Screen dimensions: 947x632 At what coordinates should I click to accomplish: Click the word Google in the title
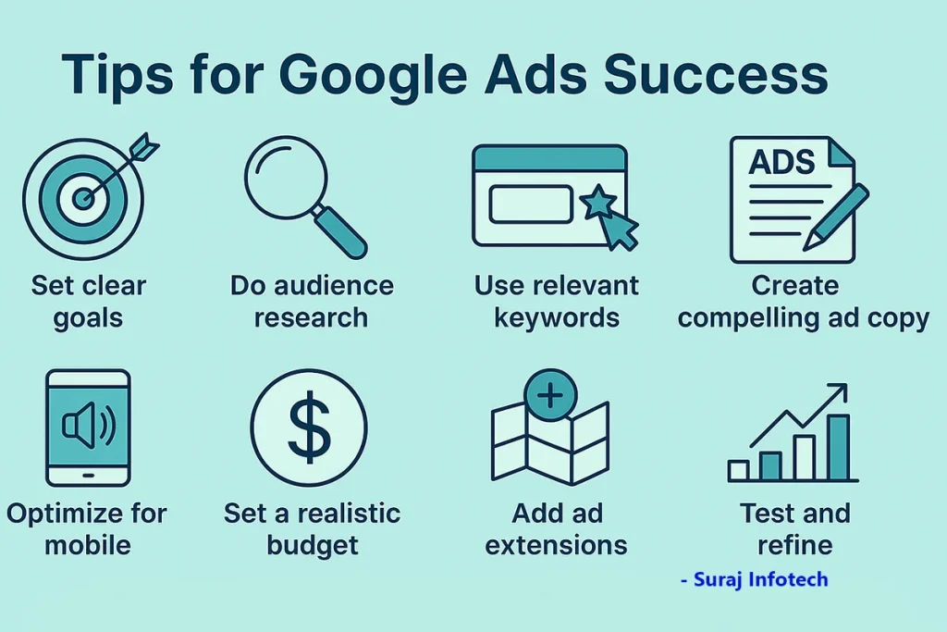(x=374, y=76)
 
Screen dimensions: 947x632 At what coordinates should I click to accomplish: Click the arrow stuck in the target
(x=121, y=168)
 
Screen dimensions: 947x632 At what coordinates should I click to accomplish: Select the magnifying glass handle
(x=340, y=231)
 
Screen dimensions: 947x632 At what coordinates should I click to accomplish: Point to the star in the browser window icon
(x=598, y=203)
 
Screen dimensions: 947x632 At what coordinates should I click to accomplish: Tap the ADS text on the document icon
(x=781, y=162)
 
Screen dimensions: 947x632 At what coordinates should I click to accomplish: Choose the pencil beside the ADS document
(x=836, y=218)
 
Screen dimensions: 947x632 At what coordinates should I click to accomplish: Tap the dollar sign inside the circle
(x=309, y=428)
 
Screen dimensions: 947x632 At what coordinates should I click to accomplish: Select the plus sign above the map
(x=550, y=396)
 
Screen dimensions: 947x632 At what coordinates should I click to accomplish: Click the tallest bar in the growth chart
(x=838, y=447)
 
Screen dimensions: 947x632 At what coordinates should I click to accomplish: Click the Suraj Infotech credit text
(x=755, y=579)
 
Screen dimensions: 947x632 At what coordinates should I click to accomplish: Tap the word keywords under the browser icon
(x=556, y=317)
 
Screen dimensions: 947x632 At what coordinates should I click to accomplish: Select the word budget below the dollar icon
(x=313, y=546)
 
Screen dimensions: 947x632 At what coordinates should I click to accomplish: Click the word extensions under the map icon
(x=556, y=546)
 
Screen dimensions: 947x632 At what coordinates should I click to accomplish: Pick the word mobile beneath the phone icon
(x=88, y=545)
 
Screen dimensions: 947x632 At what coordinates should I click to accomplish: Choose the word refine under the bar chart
(x=794, y=545)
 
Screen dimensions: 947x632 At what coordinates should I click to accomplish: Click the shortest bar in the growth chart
(x=738, y=470)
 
